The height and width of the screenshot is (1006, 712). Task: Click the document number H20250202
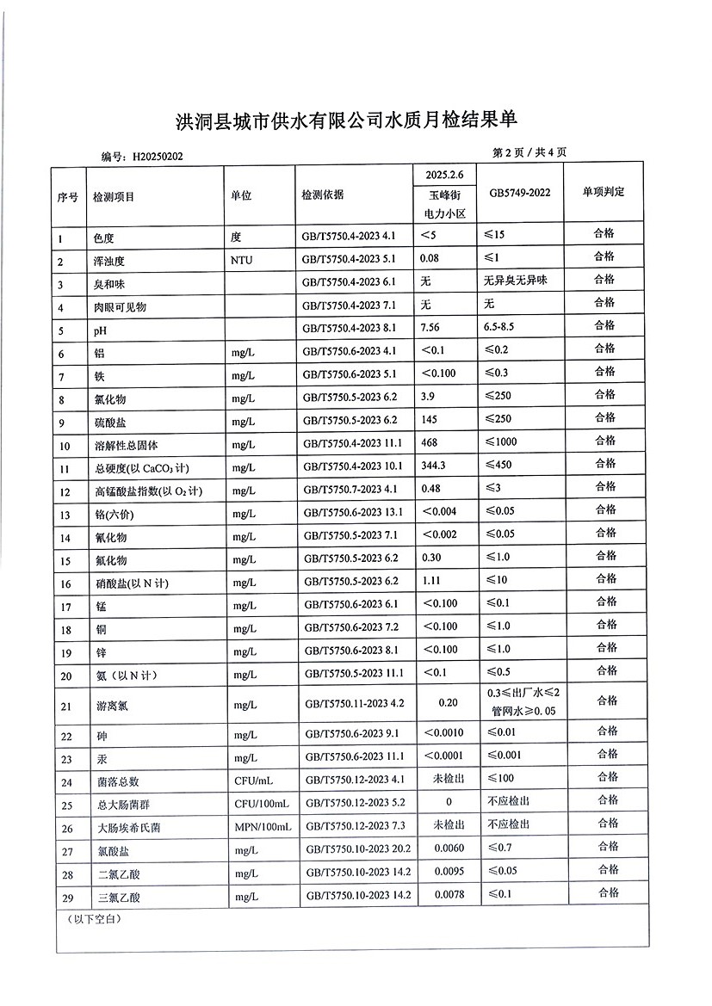(158, 157)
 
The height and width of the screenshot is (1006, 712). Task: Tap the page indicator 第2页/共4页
(529, 152)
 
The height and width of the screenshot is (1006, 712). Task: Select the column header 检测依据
(324, 195)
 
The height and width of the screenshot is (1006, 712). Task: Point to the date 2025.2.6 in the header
(445, 175)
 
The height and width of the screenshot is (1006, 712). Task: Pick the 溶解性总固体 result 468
(429, 442)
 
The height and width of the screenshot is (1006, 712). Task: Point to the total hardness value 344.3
(433, 466)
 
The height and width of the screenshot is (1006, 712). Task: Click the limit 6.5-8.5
(506, 327)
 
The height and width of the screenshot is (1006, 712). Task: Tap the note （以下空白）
(96, 920)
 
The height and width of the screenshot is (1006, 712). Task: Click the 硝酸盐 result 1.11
(430, 581)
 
